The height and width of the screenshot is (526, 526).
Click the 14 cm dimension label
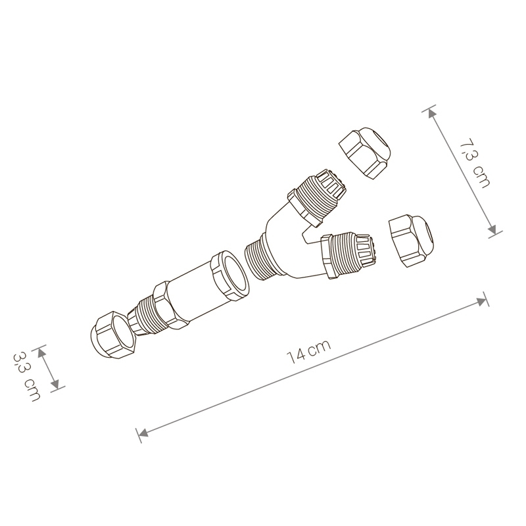click(309, 351)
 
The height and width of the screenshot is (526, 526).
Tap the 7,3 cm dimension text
click(474, 162)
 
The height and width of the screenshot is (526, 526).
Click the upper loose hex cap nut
click(365, 153)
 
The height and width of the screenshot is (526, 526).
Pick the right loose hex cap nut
click(412, 240)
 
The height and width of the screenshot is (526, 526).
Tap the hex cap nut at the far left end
click(113, 335)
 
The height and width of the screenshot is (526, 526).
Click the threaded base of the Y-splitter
click(259, 258)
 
